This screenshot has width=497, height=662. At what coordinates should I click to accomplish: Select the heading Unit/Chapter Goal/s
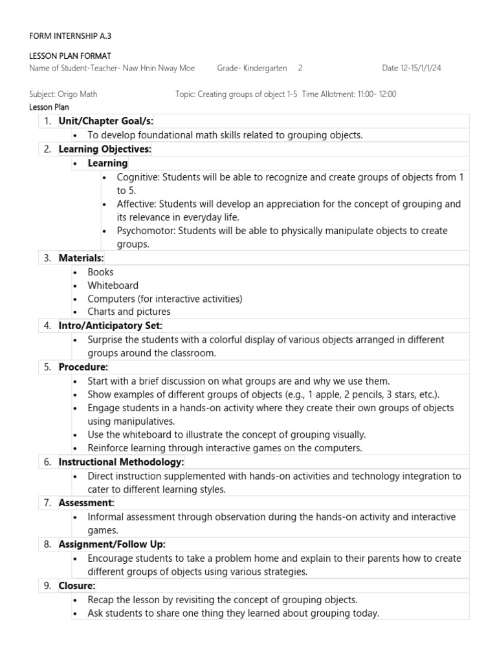[x=105, y=121]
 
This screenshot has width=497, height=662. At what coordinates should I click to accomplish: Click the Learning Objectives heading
[x=104, y=149]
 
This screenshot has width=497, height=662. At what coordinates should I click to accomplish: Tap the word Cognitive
[x=137, y=176]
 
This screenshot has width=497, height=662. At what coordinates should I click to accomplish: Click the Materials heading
[x=81, y=258]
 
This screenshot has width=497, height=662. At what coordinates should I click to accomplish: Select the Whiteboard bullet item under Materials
[x=113, y=285]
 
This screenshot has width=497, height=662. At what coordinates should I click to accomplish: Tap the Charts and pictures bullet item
[x=129, y=312]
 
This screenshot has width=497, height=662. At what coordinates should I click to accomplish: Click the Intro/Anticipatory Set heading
[x=110, y=325]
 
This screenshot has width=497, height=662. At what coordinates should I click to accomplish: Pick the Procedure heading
[x=83, y=367]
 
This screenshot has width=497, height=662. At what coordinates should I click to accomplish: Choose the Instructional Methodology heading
[x=121, y=462]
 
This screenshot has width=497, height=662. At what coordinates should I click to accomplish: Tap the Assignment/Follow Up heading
[x=111, y=544]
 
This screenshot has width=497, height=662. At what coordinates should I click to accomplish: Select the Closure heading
[x=77, y=585]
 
